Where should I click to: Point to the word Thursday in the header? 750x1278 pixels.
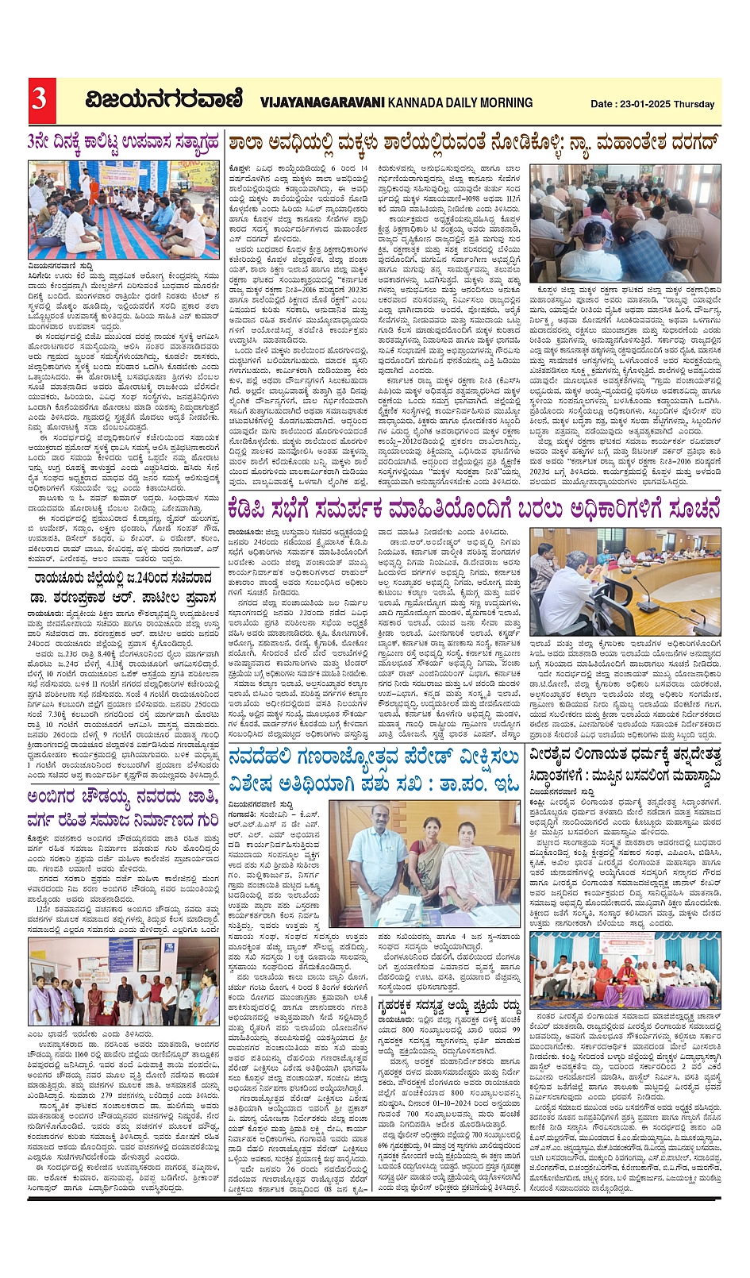coord(695,104)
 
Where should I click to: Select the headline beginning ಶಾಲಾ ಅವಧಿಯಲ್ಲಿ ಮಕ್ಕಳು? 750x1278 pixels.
coord(473,144)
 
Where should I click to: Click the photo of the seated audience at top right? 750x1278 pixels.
coord(636,223)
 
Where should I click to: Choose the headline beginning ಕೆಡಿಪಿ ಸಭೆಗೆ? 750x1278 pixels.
coord(473,507)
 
